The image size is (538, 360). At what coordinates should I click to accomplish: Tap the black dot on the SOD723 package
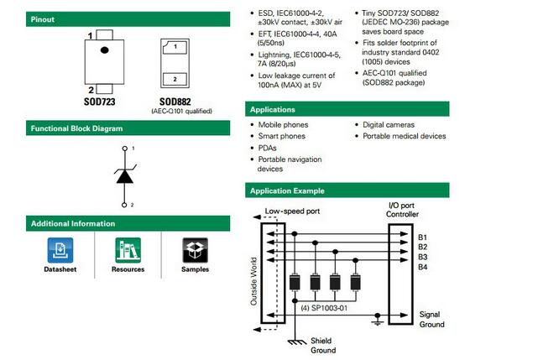point(105,51)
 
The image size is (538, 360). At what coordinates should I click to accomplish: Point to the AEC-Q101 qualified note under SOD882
point(181,111)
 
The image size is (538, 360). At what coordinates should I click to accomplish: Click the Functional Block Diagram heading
point(76,128)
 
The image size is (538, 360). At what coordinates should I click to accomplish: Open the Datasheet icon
point(60,250)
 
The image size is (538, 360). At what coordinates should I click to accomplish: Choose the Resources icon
point(128,250)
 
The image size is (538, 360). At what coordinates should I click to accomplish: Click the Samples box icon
point(195,250)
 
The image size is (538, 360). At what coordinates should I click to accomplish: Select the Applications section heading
point(279,109)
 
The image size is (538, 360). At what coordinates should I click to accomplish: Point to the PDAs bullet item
point(269,147)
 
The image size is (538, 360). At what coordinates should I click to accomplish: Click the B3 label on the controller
point(423,257)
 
